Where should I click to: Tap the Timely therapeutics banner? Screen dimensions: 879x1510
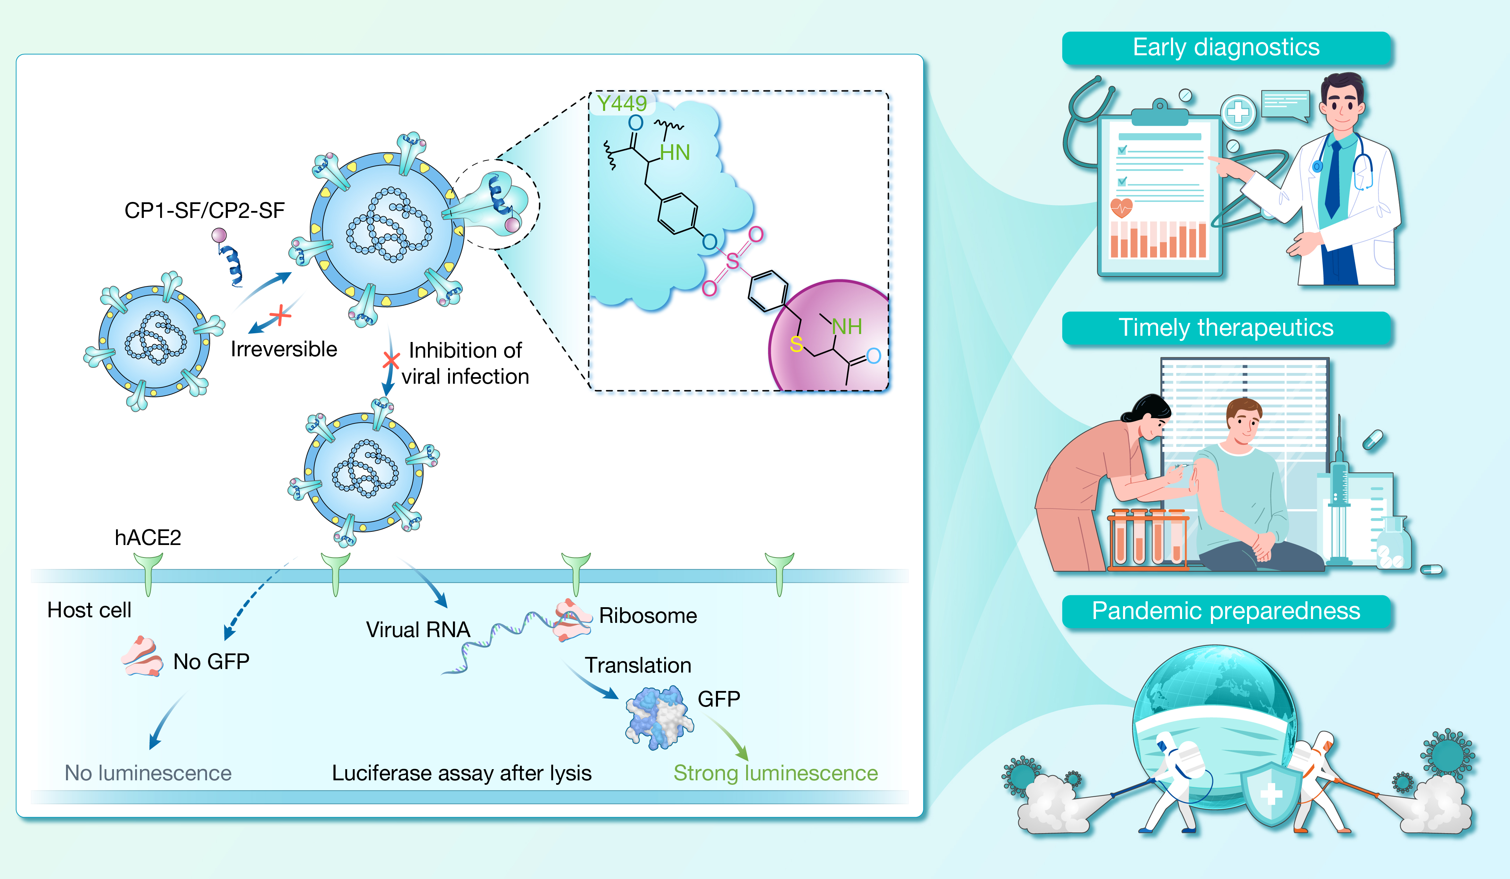[x=1226, y=328]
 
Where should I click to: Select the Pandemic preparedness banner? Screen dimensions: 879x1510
[x=1226, y=611]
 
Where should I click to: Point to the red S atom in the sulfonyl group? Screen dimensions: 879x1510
[x=732, y=261]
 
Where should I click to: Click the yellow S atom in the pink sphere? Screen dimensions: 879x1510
[x=796, y=344]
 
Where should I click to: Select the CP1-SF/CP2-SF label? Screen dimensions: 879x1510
[x=204, y=211]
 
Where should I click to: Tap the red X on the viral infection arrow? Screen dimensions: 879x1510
[x=391, y=360]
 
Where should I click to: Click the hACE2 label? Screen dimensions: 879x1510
[x=147, y=537]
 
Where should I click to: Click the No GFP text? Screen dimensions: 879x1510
[x=211, y=661]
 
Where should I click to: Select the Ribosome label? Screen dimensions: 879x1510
[x=648, y=616]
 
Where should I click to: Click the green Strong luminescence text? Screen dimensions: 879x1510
[x=775, y=773]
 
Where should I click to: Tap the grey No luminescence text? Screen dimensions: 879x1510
[x=148, y=773]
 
